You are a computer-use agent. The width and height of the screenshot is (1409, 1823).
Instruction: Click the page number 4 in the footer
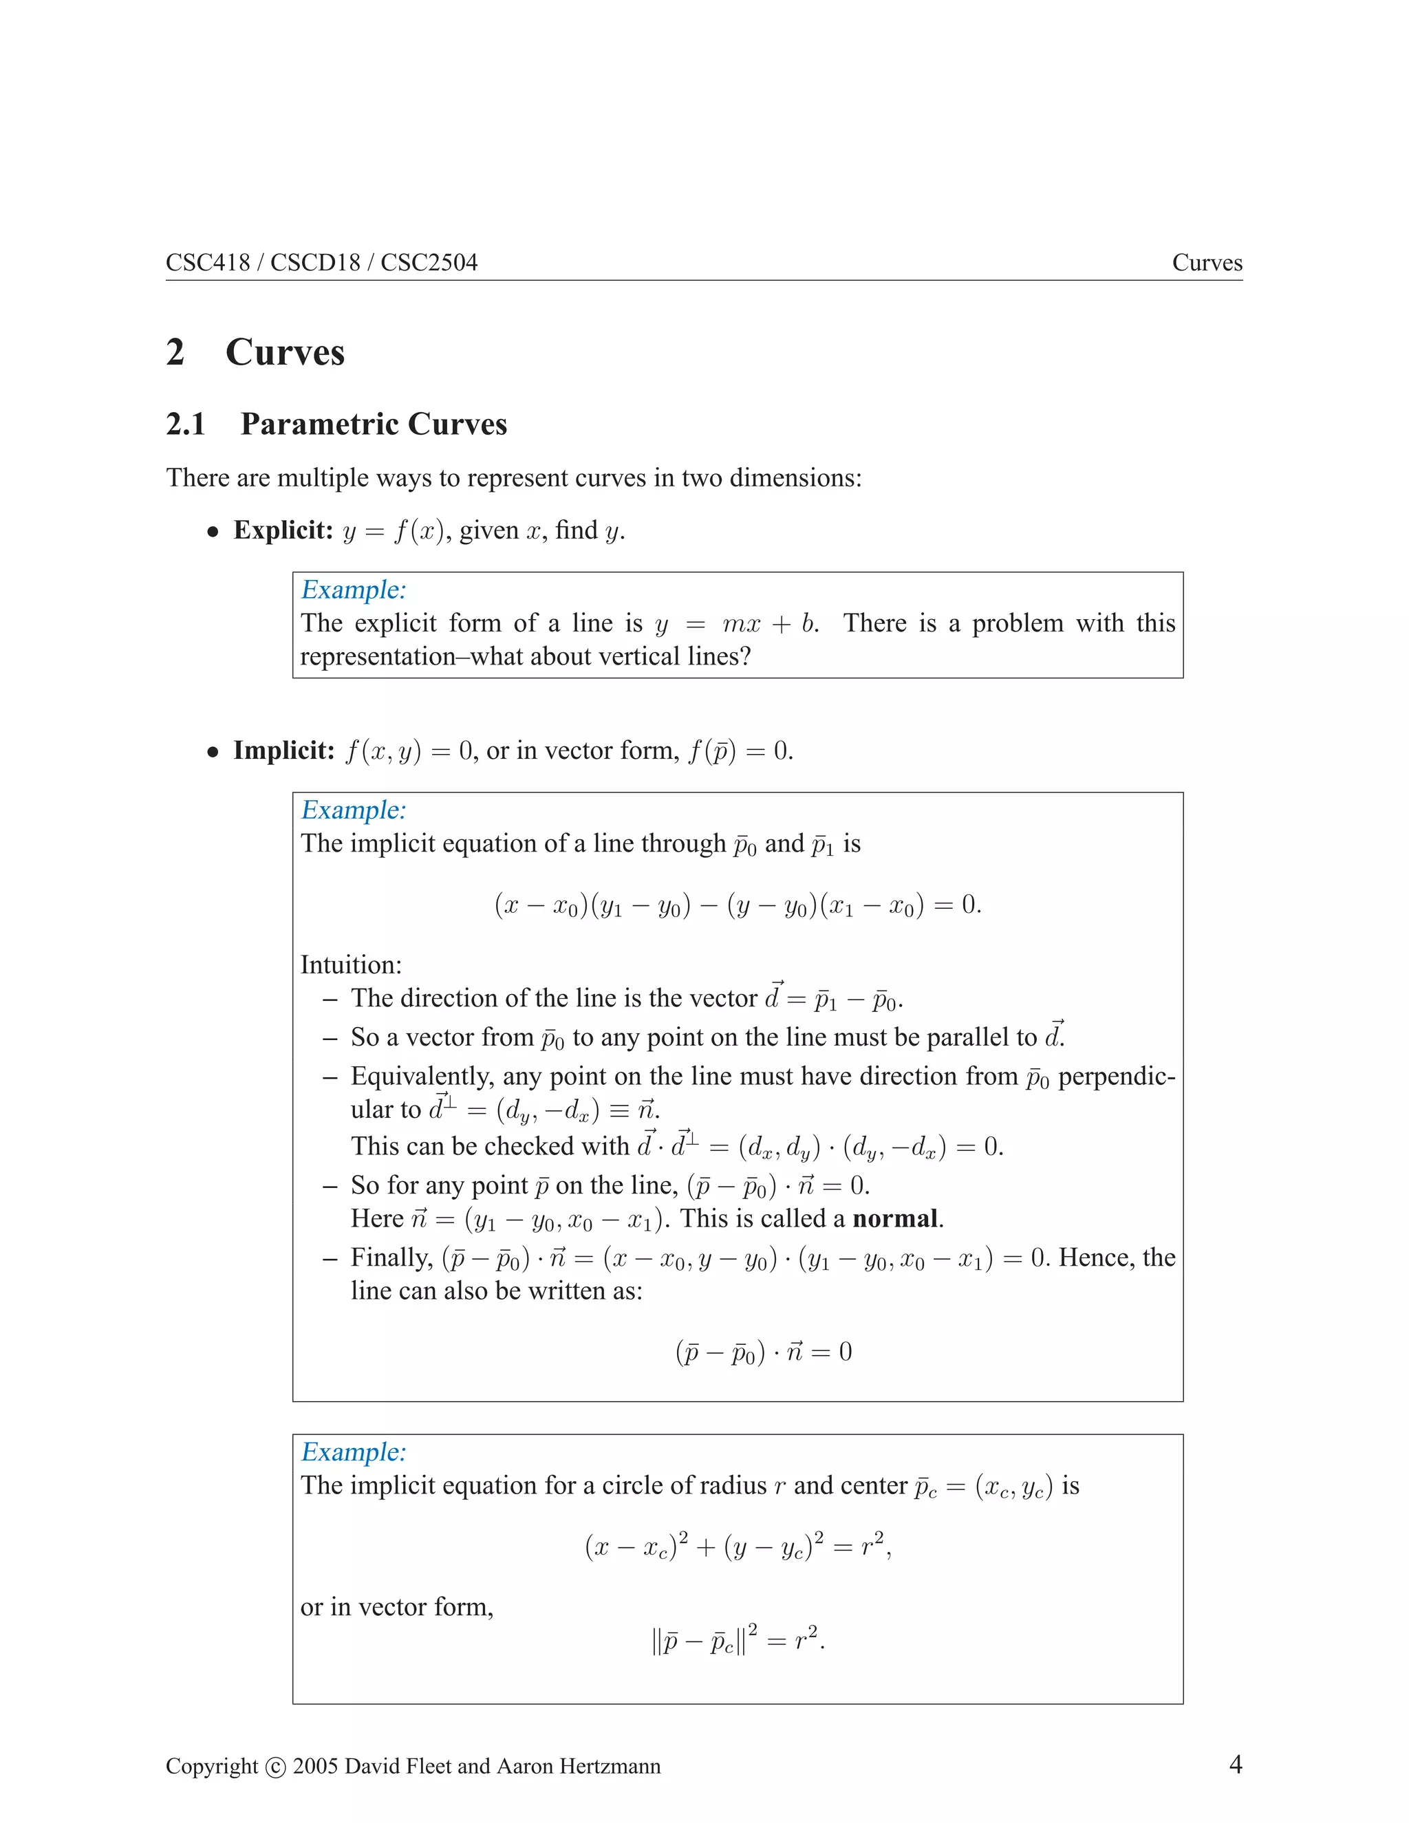[x=1236, y=1764]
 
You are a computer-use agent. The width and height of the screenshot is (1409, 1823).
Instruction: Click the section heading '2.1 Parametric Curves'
[x=336, y=424]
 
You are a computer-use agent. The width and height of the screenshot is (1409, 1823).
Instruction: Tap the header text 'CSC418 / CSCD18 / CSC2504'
[x=321, y=262]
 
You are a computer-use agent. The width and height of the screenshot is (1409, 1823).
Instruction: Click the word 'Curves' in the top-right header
[x=1206, y=262]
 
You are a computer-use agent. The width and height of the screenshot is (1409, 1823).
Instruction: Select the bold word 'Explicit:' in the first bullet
[x=283, y=530]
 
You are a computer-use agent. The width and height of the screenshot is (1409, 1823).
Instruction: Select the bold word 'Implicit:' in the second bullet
[x=284, y=750]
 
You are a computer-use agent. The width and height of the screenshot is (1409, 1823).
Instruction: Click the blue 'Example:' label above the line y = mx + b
[x=353, y=590]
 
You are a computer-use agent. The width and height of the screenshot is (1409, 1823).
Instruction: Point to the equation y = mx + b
[x=735, y=623]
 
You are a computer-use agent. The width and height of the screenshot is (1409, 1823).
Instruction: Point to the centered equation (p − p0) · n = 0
[x=763, y=1351]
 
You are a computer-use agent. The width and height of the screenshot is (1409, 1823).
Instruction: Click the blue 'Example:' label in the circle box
[x=353, y=1452]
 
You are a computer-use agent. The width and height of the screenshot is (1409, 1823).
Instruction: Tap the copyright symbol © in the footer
[x=275, y=1767]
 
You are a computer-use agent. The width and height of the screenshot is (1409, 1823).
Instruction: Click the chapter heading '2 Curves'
[x=255, y=352]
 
